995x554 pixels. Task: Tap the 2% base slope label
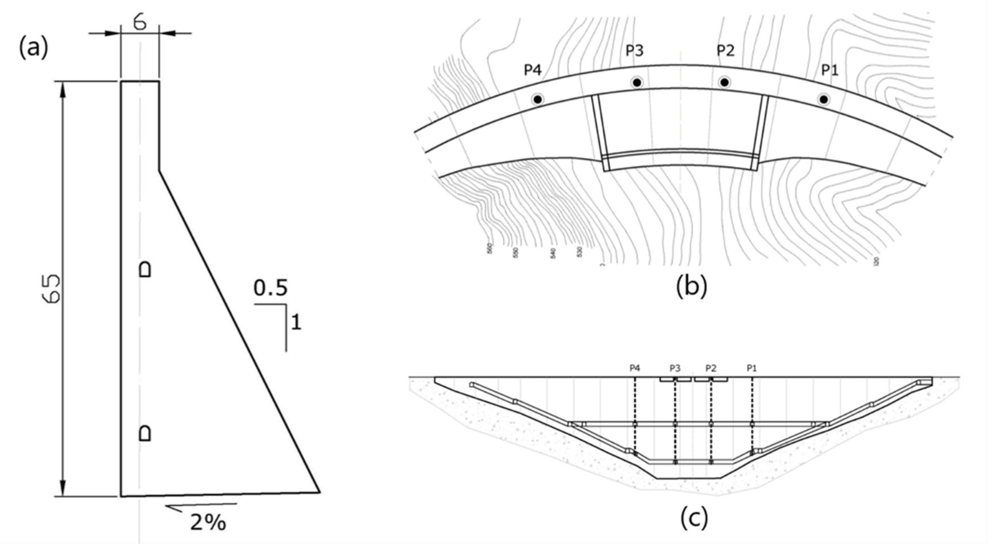pyautogui.click(x=207, y=523)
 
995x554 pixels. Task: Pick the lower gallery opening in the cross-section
pyautogui.click(x=145, y=433)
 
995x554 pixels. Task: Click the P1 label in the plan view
pyautogui.click(x=830, y=70)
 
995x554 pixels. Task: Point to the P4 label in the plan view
pyautogui.click(x=533, y=70)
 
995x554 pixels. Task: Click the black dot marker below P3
pyautogui.click(x=637, y=82)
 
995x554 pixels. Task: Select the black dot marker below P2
pyautogui.click(x=724, y=82)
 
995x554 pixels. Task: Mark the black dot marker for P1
pyautogui.click(x=823, y=99)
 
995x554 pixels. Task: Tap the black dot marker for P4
pyautogui.click(x=537, y=99)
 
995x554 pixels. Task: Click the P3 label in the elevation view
pyautogui.click(x=675, y=368)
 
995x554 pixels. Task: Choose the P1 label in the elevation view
pyautogui.click(x=752, y=368)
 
